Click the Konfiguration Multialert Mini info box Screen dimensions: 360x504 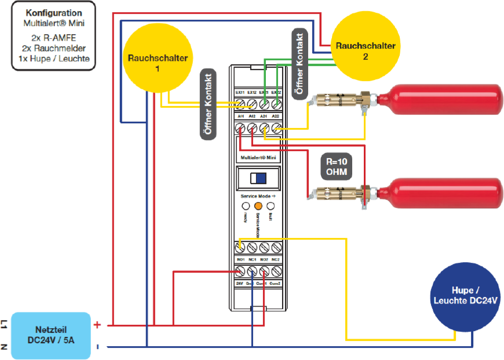click(x=53, y=38)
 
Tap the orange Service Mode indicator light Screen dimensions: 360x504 click(x=258, y=205)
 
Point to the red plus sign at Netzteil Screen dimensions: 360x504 click(x=97, y=325)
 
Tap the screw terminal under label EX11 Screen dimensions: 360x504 click(x=240, y=104)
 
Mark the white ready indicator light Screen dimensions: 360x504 click(x=246, y=205)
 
